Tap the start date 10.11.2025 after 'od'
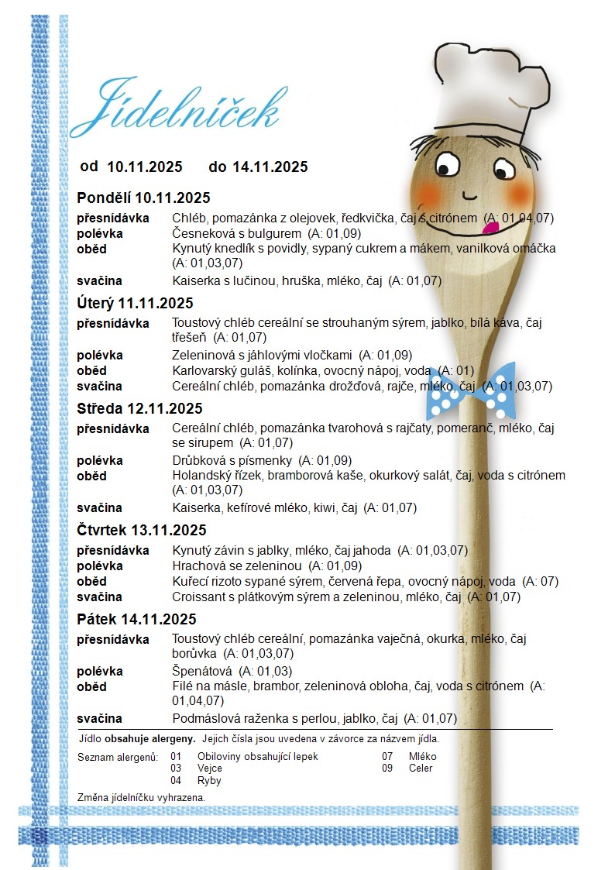click(145, 167)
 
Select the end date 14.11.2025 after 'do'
click(270, 167)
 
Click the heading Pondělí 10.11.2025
click(143, 198)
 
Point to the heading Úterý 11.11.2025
click(136, 303)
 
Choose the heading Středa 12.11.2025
click(140, 408)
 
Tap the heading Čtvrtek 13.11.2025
click(142, 530)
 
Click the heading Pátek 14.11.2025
click(137, 619)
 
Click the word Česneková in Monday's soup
click(199, 233)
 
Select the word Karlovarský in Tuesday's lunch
click(203, 370)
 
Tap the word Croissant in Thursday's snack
click(198, 597)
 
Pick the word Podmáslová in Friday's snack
click(204, 718)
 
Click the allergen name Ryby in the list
click(209, 781)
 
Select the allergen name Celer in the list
click(421, 769)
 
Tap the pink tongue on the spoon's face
click(490, 227)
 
